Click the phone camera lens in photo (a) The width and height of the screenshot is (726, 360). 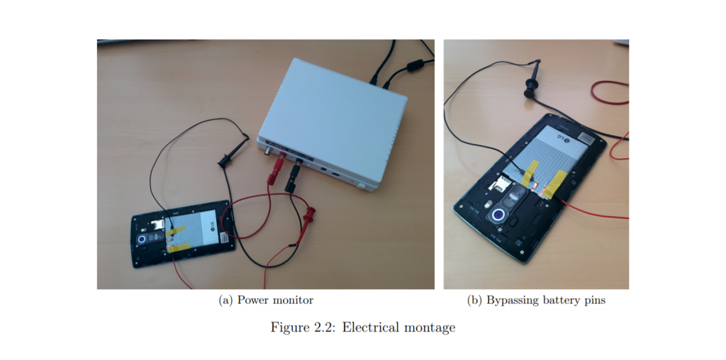click(x=144, y=240)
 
